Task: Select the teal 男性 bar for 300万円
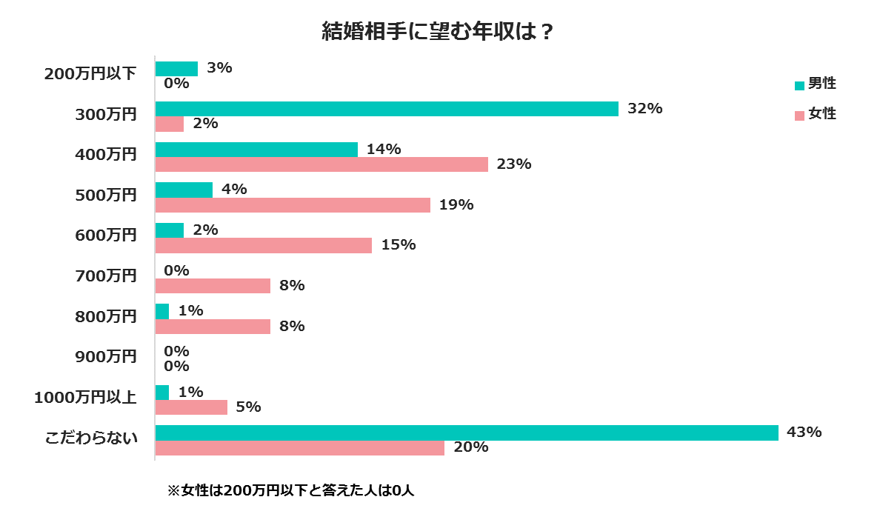(387, 109)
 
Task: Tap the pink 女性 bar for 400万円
(321, 164)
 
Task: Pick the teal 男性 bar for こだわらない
(467, 433)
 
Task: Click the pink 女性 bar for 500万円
(293, 205)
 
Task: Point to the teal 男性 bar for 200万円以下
(176, 68)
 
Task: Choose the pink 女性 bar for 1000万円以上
(191, 407)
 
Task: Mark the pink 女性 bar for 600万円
(264, 245)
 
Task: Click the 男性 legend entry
(815, 84)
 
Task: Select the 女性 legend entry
(815, 114)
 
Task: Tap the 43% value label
(804, 433)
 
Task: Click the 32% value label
(644, 109)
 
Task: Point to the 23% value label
(514, 164)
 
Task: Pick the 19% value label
(456, 205)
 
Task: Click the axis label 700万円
(107, 276)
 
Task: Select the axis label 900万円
(107, 357)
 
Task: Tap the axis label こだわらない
(92, 438)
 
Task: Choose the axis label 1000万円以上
(86, 398)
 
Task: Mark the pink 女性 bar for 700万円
(213, 286)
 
